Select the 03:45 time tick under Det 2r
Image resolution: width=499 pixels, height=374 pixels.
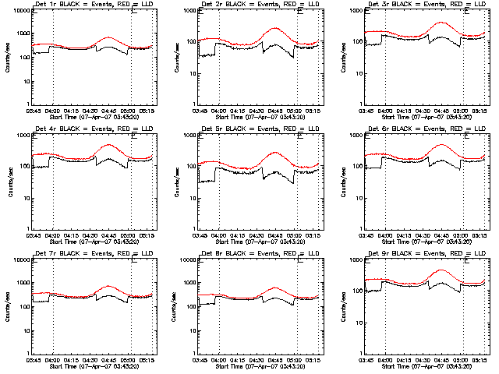[x=200, y=111]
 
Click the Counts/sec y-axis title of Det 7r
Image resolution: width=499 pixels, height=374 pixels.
[x=9, y=306]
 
